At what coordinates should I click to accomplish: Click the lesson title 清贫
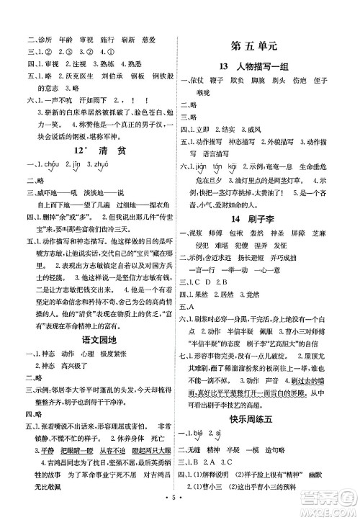pyautogui.click(x=100, y=149)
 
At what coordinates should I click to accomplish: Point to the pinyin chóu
pyautogui.click(x=48, y=167)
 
